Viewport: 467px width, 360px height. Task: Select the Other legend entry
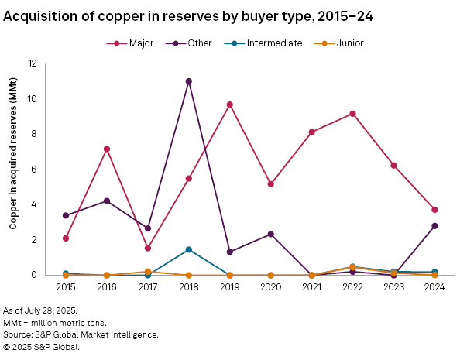(x=192, y=43)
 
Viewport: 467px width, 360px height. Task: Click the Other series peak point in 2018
(x=188, y=81)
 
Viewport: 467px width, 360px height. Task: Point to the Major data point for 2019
(x=230, y=105)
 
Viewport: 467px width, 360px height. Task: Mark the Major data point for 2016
(x=107, y=149)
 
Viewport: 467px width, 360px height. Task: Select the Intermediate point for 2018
(x=188, y=249)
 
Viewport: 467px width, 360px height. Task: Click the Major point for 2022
(x=353, y=114)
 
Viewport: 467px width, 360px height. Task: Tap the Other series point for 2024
(x=435, y=226)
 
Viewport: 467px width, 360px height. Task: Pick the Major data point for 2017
(x=148, y=249)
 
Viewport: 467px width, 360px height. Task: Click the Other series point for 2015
(x=66, y=215)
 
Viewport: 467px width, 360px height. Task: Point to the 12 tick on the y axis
(x=53, y=63)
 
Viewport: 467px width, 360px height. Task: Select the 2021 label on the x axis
(x=312, y=286)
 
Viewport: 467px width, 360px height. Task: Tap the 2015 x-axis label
(x=66, y=286)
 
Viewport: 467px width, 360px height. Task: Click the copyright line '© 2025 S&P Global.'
(x=42, y=347)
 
